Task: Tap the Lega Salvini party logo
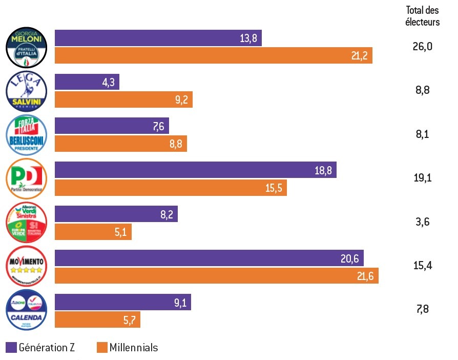click(x=27, y=91)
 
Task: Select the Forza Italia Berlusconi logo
click(x=27, y=135)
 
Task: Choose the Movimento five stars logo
click(x=27, y=267)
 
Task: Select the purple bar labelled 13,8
click(x=158, y=38)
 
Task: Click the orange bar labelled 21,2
click(x=213, y=55)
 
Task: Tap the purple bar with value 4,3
click(x=87, y=82)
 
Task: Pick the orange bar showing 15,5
click(x=171, y=188)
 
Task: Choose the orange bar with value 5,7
click(x=97, y=319)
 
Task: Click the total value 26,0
click(x=423, y=47)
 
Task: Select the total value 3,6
click(x=423, y=222)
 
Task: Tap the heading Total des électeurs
click(x=423, y=16)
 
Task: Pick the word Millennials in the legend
click(x=134, y=348)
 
